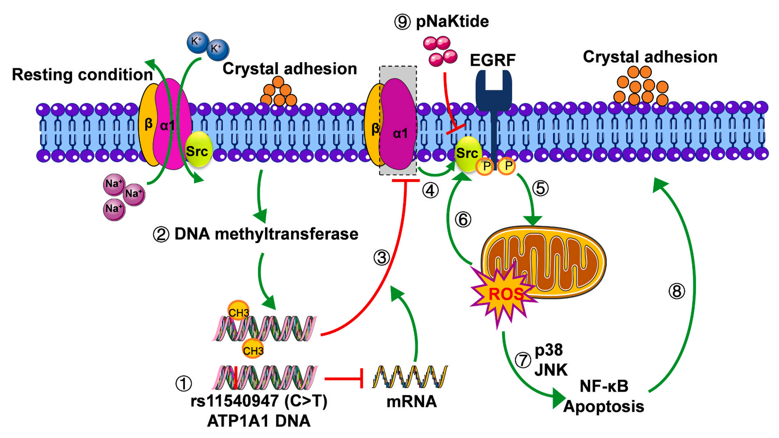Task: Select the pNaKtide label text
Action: click(452, 22)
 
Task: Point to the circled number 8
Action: click(676, 291)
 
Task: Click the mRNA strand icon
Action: click(410, 377)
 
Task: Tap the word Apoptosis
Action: click(604, 406)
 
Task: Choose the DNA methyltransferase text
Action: click(266, 234)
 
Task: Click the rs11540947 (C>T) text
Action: click(259, 401)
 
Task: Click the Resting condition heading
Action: click(82, 75)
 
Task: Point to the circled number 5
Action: click(540, 188)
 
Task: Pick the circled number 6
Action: click(463, 220)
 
